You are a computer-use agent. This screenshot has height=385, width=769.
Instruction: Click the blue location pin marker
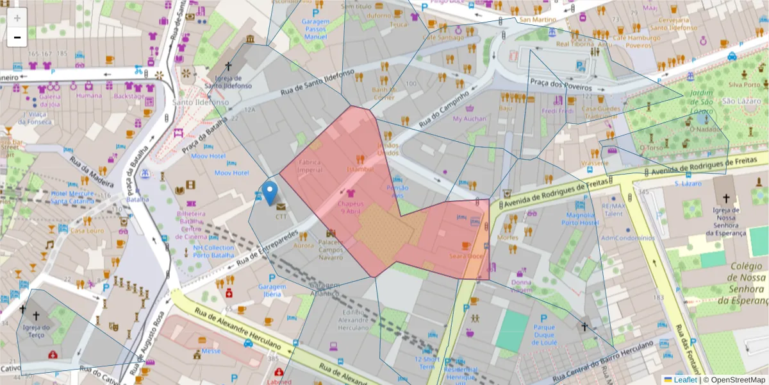(270, 192)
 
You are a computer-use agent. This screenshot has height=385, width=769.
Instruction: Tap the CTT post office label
(281, 216)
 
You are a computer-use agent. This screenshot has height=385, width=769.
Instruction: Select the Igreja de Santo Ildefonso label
(228, 81)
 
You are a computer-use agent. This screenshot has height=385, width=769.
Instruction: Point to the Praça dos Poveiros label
(555, 81)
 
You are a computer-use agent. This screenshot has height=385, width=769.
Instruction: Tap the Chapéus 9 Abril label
(350, 207)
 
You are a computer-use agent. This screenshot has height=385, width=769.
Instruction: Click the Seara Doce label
(466, 256)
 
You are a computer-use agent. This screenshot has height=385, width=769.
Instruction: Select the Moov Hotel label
(208, 156)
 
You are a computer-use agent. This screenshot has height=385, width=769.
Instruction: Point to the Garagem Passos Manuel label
(315, 29)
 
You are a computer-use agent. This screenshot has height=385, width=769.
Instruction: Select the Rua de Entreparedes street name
(267, 247)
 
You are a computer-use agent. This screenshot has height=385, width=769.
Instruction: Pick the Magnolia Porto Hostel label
(581, 219)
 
